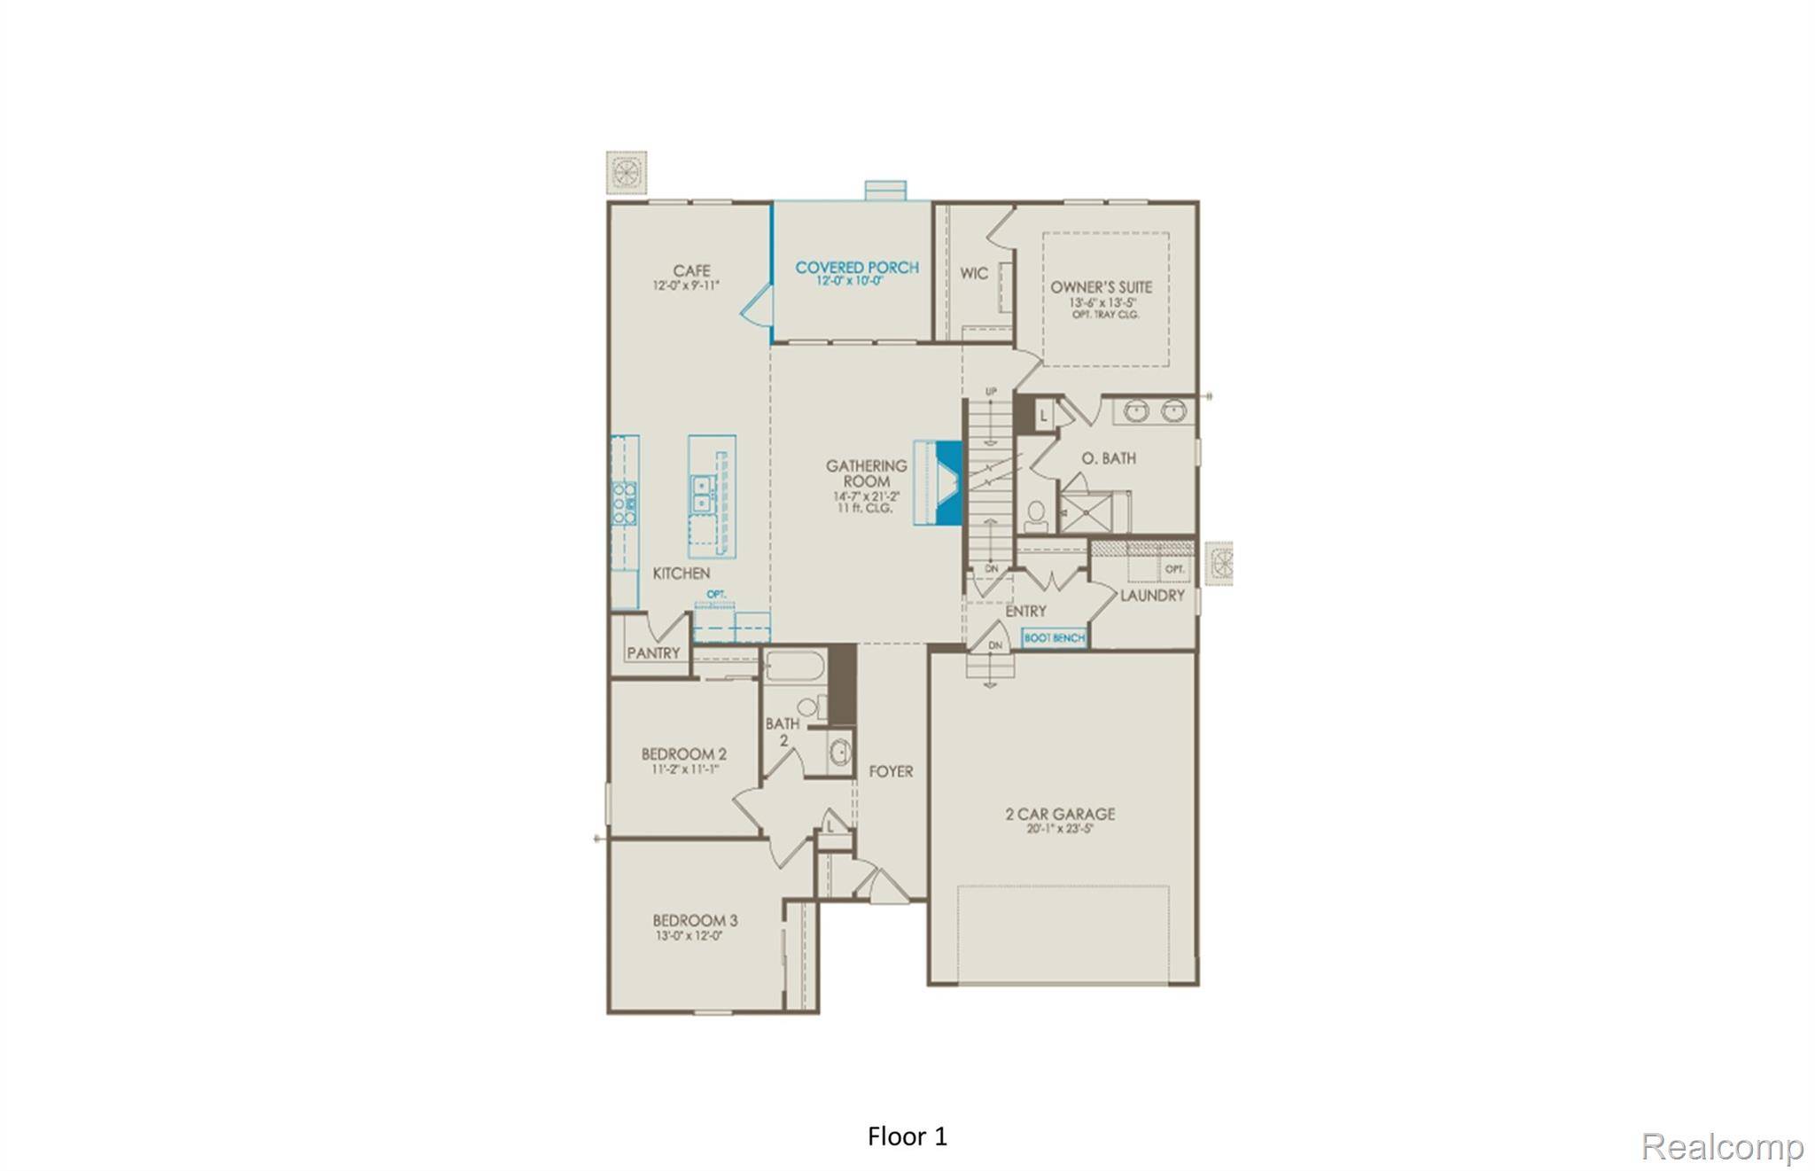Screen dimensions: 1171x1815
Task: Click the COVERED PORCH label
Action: tap(856, 267)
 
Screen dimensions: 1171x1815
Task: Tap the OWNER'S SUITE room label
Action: tap(1101, 287)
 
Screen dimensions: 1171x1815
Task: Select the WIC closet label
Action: tap(974, 273)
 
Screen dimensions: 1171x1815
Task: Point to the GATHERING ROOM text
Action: tap(866, 473)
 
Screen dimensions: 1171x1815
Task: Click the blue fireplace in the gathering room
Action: tap(949, 483)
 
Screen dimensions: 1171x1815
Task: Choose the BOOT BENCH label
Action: tap(1054, 637)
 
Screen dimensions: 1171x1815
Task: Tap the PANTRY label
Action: tap(653, 653)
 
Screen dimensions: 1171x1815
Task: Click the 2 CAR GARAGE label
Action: tap(1060, 814)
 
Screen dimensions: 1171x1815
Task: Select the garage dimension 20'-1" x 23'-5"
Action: tap(1060, 830)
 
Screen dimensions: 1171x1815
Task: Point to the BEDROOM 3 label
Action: tap(695, 920)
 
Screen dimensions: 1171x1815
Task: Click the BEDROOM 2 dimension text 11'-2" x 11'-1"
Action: tap(684, 769)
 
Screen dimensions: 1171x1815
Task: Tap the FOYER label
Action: tap(891, 771)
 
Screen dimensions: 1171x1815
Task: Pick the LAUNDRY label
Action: tap(1151, 595)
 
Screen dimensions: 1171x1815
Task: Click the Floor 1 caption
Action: tap(907, 1136)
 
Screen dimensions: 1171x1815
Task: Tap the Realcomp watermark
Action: tap(1722, 1147)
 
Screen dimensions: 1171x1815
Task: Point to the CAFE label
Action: tap(691, 270)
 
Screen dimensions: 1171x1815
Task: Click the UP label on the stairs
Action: tap(991, 391)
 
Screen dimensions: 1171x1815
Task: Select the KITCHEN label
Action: tap(681, 574)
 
